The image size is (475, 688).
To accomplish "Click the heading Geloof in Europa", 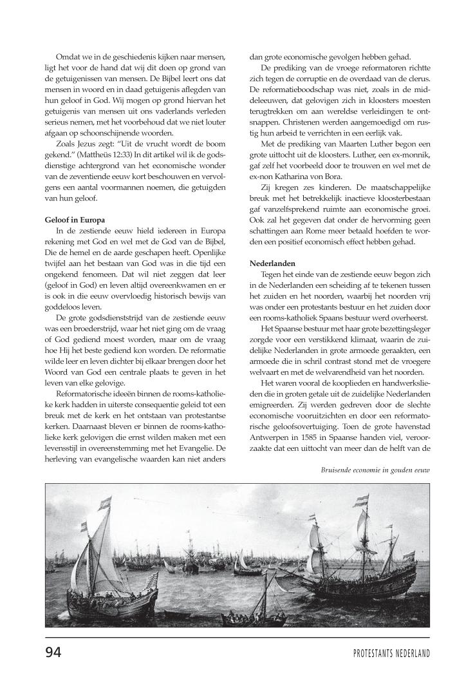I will [75, 220].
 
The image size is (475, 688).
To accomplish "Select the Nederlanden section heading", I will [274, 263].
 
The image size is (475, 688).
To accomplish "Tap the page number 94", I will [53, 652].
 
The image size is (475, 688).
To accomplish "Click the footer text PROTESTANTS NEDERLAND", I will [391, 653].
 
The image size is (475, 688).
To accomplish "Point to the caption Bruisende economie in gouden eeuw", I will [375, 452].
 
